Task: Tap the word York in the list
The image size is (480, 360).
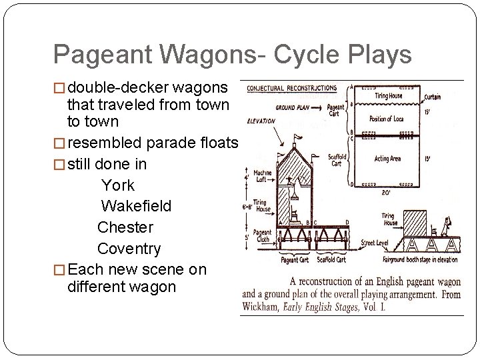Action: [118, 185]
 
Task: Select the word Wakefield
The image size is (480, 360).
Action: [136, 206]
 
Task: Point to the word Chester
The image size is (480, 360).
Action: [125, 227]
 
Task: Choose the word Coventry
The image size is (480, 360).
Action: [129, 249]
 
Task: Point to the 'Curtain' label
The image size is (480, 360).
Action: [431, 97]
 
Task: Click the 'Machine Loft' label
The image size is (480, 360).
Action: [262, 177]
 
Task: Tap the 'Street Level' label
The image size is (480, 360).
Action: [375, 243]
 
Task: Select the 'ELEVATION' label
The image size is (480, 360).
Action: [261, 121]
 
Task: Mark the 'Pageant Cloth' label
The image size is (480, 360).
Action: [263, 235]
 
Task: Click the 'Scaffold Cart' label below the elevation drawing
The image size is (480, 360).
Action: [331, 260]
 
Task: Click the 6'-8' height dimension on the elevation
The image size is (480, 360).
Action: [247, 207]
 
